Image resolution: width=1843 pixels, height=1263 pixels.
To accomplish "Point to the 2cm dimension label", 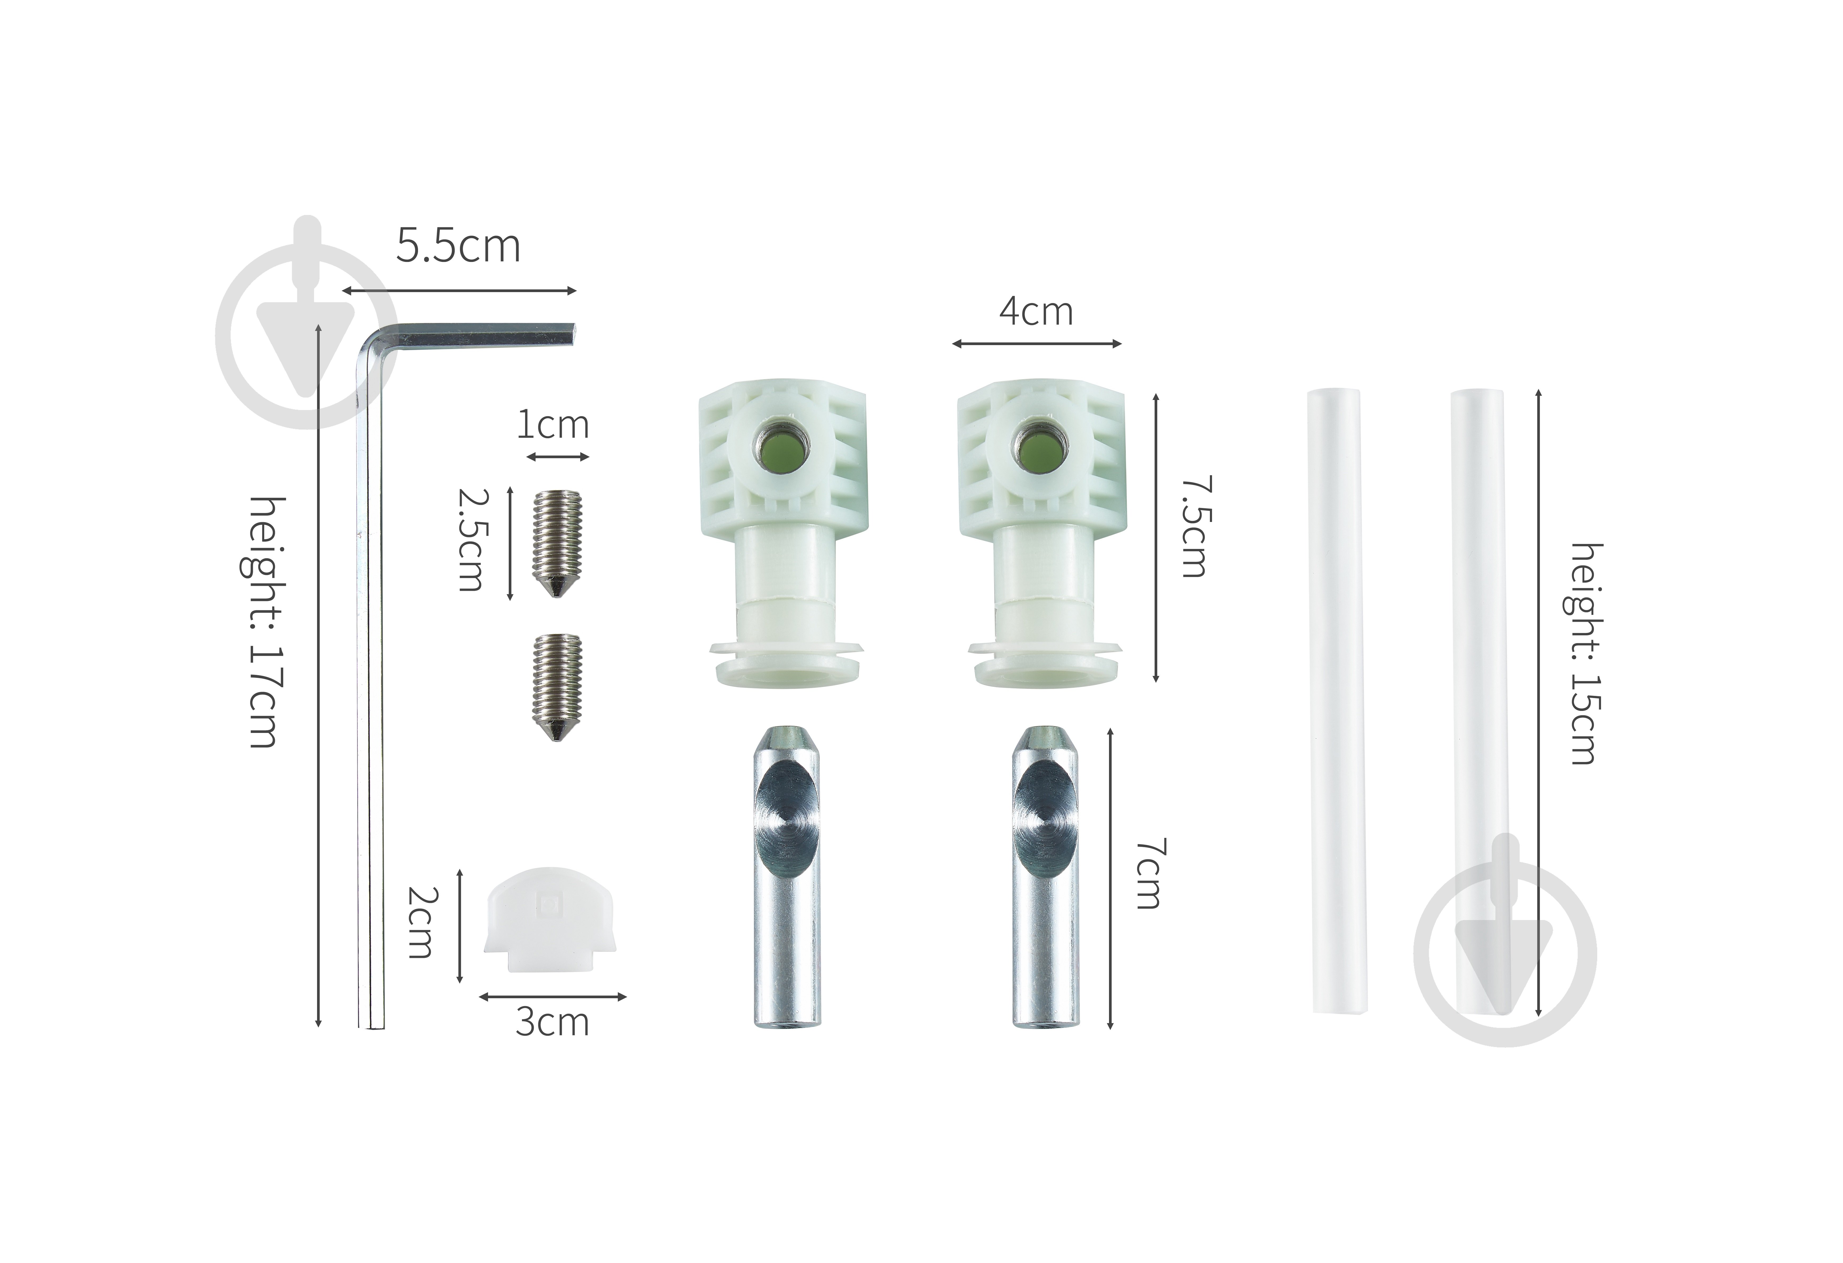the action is (x=420, y=923).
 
